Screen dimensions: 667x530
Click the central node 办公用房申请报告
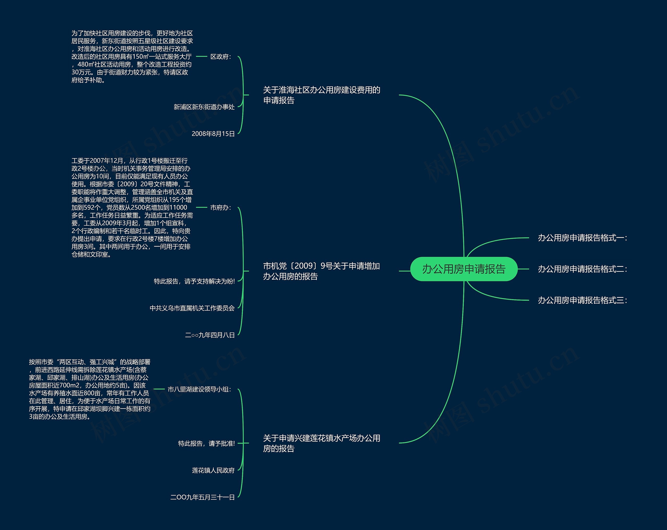[464, 269]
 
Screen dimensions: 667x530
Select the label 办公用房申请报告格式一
[582, 238]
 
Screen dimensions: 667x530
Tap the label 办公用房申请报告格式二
[582, 269]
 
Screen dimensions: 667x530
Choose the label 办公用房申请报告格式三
[582, 300]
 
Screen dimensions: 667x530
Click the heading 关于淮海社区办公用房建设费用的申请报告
[322, 95]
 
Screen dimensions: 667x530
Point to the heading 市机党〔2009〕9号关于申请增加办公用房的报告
[322, 271]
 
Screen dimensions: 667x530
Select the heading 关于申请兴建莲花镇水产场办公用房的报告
[322, 443]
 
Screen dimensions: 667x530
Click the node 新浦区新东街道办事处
[204, 107]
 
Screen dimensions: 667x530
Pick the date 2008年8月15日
[213, 134]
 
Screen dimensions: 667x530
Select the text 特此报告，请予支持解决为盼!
[194, 281]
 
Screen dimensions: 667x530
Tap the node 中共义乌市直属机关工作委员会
[192, 308]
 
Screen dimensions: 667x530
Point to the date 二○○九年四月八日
[210, 335]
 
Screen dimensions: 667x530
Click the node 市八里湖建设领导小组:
[199, 389]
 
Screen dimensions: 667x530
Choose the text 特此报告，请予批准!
[206, 443]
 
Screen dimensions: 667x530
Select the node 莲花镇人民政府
[213, 470]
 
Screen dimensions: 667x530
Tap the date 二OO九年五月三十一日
[202, 497]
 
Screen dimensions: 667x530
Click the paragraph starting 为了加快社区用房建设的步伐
[132, 57]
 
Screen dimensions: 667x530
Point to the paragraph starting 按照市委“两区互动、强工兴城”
[90, 389]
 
